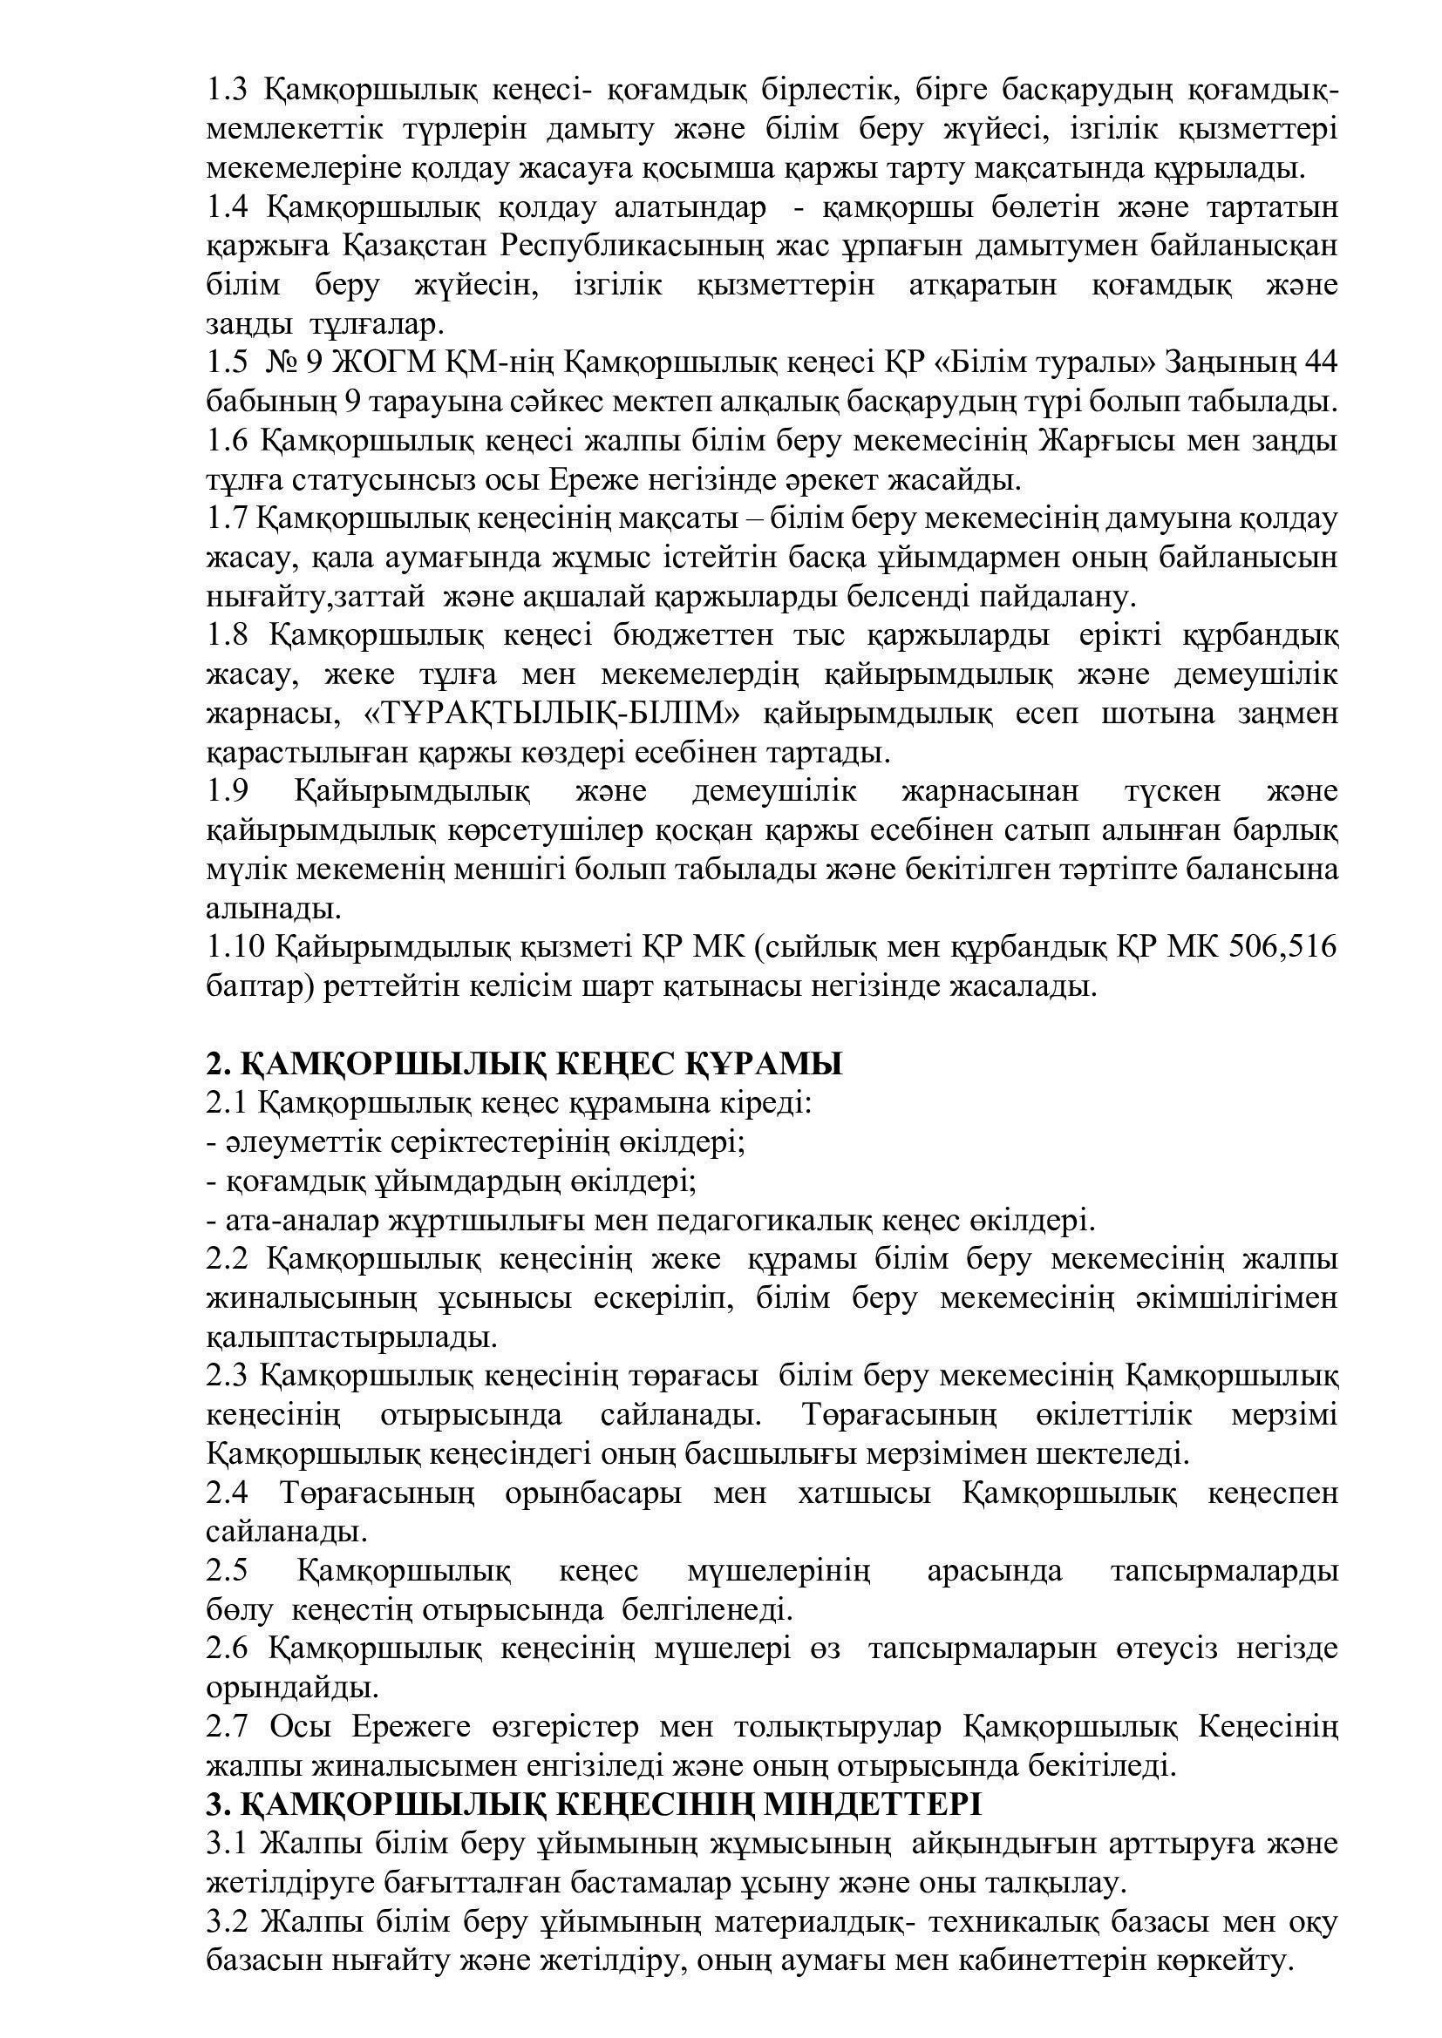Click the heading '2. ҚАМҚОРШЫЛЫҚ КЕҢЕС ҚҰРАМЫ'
(x=524, y=1063)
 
